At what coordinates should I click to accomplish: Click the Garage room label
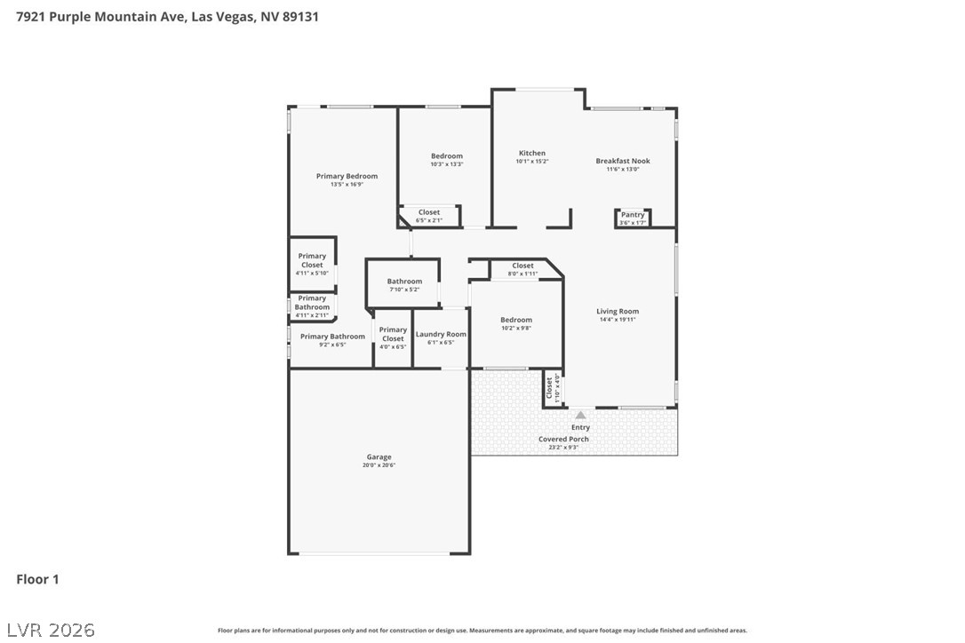tap(379, 457)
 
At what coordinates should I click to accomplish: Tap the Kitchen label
tap(532, 153)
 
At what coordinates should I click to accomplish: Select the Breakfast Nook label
tap(622, 161)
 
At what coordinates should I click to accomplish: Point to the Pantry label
tap(633, 215)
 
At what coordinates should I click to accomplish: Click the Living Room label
tap(618, 311)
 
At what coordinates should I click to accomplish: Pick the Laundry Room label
tap(441, 334)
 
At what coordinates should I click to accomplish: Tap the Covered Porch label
tap(563, 439)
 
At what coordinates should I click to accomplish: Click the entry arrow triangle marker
tap(580, 415)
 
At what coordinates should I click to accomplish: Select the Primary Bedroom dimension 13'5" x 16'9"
tap(347, 185)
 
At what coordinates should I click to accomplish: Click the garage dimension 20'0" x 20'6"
tap(379, 465)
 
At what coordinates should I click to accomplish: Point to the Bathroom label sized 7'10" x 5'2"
tap(404, 282)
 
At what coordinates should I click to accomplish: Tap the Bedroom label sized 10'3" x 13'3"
tap(446, 155)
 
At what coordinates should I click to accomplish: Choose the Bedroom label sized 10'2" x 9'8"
tap(515, 320)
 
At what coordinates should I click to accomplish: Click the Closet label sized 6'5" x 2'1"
tap(429, 212)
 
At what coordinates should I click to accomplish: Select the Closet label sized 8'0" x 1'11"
tap(522, 266)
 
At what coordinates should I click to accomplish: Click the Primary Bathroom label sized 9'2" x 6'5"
tap(332, 337)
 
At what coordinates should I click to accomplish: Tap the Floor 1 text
tap(37, 580)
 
